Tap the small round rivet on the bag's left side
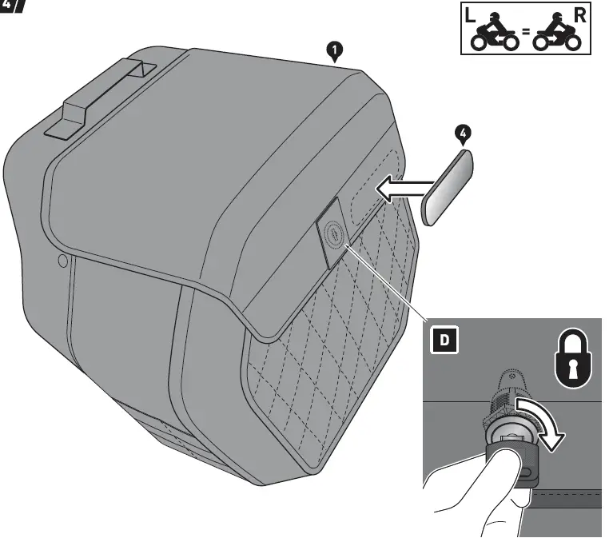point(63,261)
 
